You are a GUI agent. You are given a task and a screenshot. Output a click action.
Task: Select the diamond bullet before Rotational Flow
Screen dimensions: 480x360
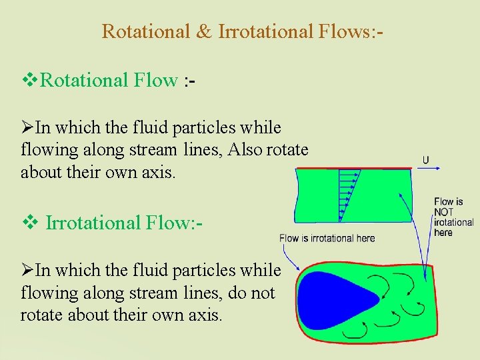[x=31, y=81]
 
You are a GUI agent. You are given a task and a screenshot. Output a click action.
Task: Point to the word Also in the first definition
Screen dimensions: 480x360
[x=244, y=149]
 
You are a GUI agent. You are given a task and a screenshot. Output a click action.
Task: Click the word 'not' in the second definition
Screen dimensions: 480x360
[x=264, y=293]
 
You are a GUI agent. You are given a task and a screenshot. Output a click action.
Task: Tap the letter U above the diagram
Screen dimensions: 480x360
[x=425, y=160]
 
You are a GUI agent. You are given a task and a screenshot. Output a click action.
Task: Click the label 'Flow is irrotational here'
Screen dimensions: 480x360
[x=327, y=238]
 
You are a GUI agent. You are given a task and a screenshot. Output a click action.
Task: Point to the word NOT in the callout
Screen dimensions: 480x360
[x=444, y=212]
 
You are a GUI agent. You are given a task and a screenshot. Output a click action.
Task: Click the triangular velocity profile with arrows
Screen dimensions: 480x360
[x=347, y=193]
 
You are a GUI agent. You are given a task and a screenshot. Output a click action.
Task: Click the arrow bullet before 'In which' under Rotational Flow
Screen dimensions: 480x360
[x=27, y=127]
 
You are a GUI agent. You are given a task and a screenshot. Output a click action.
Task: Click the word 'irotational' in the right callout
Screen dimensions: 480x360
[x=453, y=222]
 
